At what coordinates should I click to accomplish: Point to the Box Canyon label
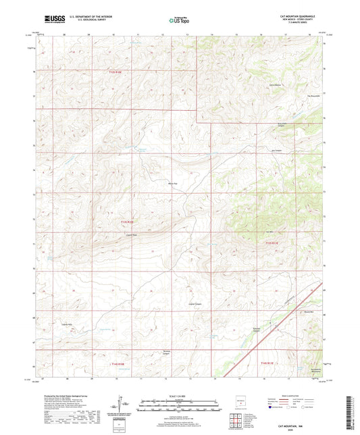coord(276,151)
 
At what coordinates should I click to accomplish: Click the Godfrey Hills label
coord(68,325)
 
